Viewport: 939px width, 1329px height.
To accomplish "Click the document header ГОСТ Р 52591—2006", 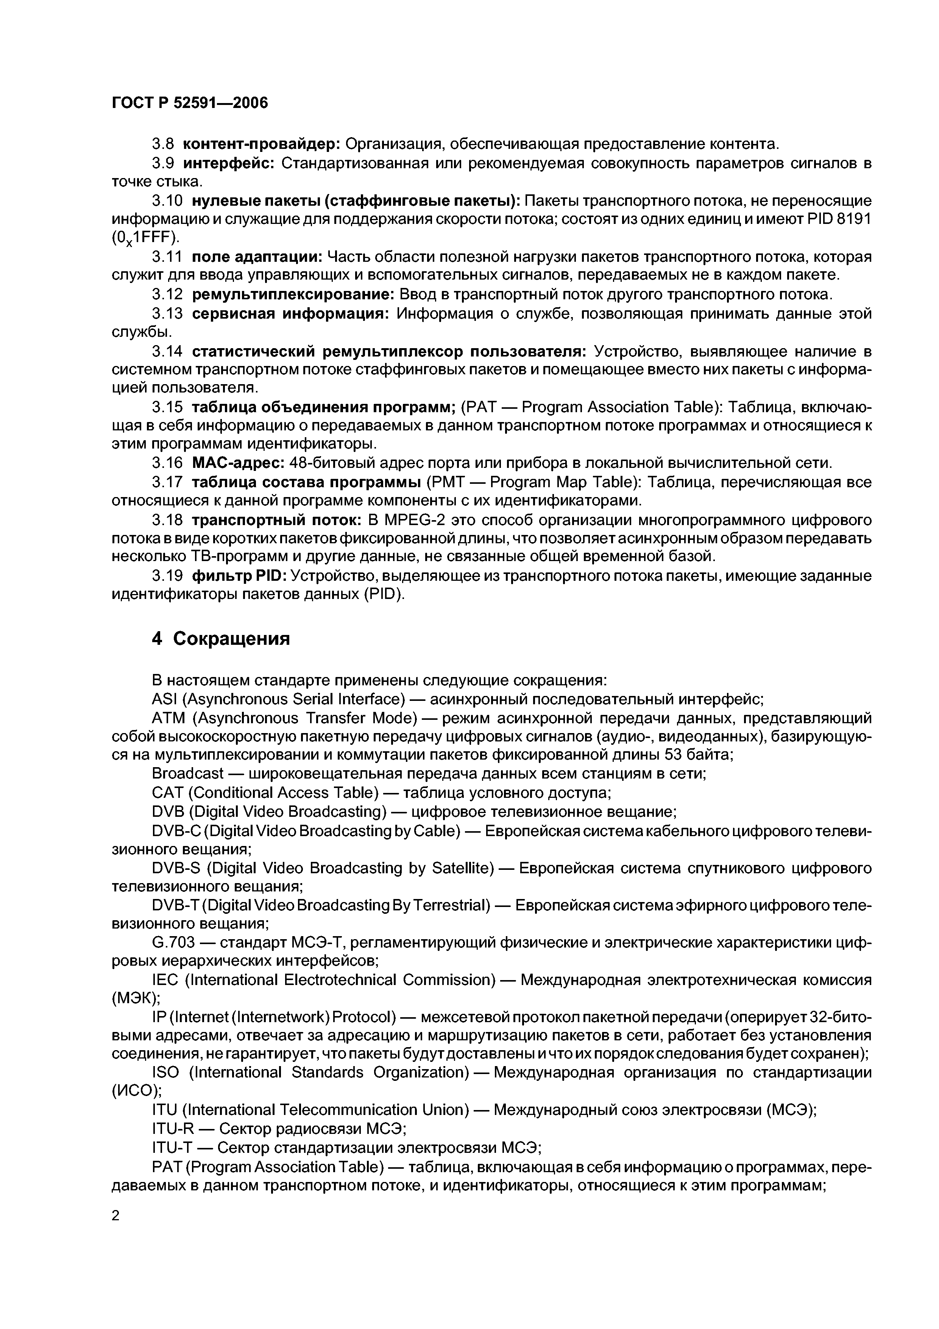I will pyautogui.click(x=190, y=103).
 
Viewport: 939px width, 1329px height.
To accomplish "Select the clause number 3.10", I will pyautogui.click(x=167, y=201).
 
